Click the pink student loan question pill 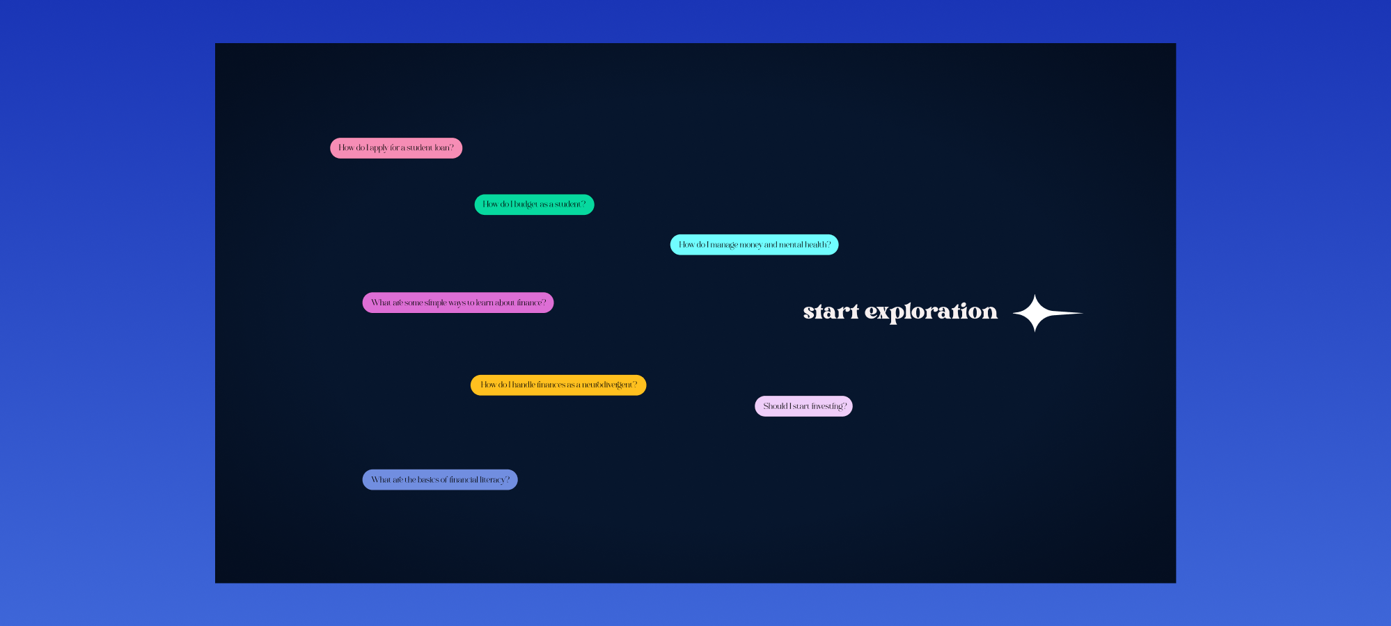click(x=396, y=148)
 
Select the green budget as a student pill click(x=534, y=204)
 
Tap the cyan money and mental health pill click(x=754, y=245)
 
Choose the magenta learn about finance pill click(x=458, y=303)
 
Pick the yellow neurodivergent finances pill click(x=558, y=385)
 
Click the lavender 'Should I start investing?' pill click(x=803, y=406)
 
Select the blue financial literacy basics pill click(x=440, y=480)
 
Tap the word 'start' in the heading click(x=831, y=312)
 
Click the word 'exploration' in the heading click(x=931, y=312)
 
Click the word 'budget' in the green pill click(x=526, y=204)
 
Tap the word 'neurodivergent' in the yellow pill click(x=606, y=385)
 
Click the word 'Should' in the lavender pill click(x=775, y=406)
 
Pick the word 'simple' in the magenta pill click(x=435, y=303)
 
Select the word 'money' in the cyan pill click(x=750, y=246)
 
